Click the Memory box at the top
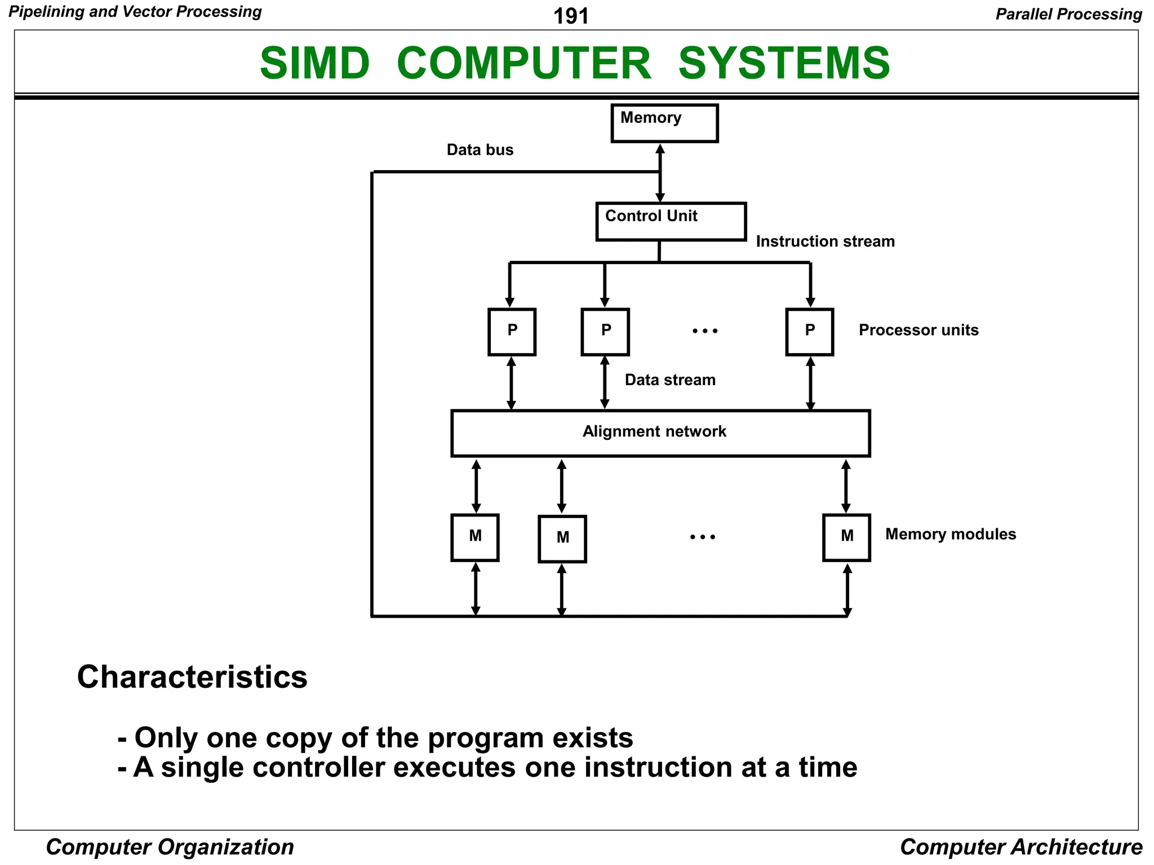coord(664,123)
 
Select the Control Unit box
coord(671,221)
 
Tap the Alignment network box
coord(660,432)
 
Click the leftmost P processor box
coord(512,331)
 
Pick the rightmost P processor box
coord(809,331)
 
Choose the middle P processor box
coord(605,331)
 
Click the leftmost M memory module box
coord(474,537)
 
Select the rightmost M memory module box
coord(846,537)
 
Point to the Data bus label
coord(480,150)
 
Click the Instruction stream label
coord(825,242)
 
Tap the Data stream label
coord(669,380)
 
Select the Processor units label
coord(918,330)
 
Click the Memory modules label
coord(950,534)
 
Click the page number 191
coord(570,16)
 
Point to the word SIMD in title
coord(314,63)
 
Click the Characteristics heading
coord(192,676)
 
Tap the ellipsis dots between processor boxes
coord(705,331)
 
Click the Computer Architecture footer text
coord(1020,847)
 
